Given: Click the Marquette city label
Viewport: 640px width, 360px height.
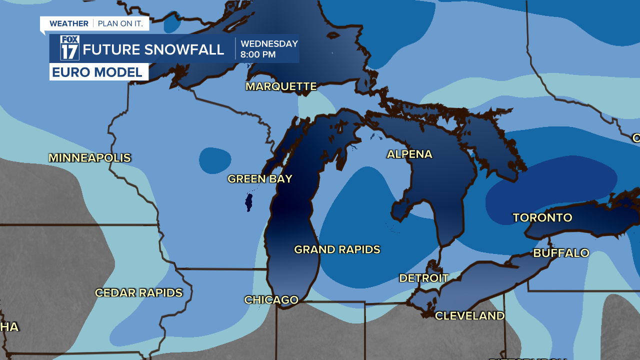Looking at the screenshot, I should point(281,86).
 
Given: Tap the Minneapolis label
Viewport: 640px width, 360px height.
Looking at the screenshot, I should point(89,158).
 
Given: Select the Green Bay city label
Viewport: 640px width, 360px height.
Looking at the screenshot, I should point(260,179).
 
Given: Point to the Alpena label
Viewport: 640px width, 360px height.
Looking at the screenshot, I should point(409,154).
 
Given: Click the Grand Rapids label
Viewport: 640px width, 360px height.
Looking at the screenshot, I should point(337,249).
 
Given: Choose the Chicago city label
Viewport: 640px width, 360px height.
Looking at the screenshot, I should point(271,300).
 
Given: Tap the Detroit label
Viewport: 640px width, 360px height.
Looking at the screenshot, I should point(423,278).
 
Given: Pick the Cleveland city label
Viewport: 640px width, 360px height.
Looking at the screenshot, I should point(469,316).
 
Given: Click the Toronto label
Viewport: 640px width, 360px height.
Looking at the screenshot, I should point(542,218).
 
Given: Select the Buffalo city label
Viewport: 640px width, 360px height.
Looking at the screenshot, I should point(561,253).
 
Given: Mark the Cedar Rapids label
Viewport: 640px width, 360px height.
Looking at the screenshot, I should point(138,293).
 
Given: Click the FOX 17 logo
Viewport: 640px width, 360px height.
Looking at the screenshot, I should point(70,48).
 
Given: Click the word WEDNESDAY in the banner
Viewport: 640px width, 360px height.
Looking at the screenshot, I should point(269,43).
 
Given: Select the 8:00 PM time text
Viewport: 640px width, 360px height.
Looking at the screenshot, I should point(258,54).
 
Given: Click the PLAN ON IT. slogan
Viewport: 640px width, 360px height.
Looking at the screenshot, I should point(120,23).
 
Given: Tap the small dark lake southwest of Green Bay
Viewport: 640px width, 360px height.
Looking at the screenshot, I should point(248,202).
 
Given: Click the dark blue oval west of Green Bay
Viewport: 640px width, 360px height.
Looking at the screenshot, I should point(215,160).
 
